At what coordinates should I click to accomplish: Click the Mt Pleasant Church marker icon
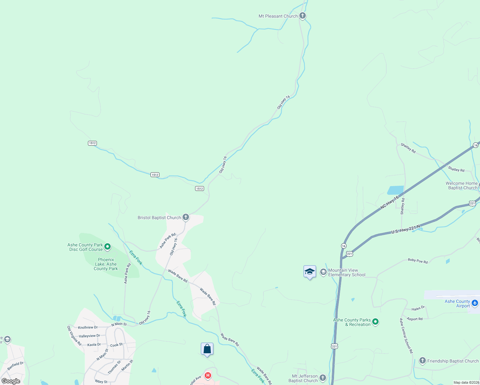point(302,16)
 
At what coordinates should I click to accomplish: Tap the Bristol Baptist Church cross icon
point(185,217)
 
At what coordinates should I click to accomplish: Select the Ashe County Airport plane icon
point(475,303)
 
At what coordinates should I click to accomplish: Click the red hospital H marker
point(208,375)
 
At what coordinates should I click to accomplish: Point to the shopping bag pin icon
point(207,349)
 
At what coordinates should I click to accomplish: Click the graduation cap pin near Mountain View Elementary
point(310,272)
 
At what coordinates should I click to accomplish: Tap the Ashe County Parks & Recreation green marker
point(375,321)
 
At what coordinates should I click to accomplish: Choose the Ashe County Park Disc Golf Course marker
point(107,247)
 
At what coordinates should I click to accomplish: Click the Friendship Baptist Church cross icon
point(422,361)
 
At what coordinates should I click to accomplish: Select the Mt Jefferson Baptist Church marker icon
point(323,378)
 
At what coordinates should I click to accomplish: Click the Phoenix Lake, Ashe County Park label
point(106,264)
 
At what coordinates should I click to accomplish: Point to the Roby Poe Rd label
point(418,261)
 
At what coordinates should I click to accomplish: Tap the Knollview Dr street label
point(88,327)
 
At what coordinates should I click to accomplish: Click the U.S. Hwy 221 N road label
point(406,229)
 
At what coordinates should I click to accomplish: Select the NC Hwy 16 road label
point(390,203)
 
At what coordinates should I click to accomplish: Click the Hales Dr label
point(418,308)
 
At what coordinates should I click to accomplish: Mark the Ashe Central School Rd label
point(406,336)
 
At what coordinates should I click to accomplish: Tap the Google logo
point(11,381)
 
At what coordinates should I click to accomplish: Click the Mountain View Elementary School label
point(347,272)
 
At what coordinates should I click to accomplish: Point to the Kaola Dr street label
point(94,345)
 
